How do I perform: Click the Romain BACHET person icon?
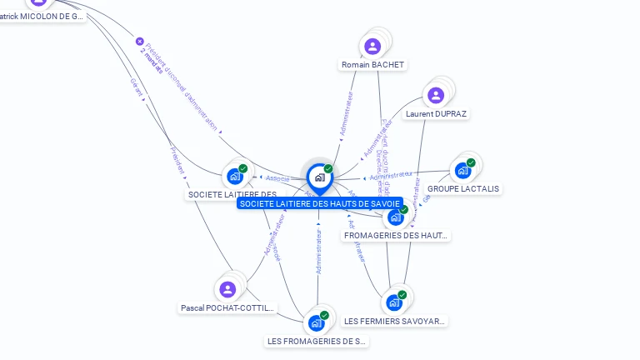(372, 46)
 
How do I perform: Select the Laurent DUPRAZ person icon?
(436, 95)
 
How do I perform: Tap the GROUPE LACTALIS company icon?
(462, 171)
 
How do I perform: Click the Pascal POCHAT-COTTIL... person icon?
(227, 289)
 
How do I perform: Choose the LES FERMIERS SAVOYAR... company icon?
(394, 302)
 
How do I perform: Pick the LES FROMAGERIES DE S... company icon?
(316, 322)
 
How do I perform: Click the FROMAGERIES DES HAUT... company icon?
(395, 217)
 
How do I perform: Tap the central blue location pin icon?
(319, 177)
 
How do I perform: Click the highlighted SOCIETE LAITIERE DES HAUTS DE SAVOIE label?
(320, 203)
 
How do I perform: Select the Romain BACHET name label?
(373, 65)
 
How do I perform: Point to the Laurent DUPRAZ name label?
(437, 113)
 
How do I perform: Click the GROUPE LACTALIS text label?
(463, 189)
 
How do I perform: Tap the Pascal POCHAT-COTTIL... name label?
(227, 307)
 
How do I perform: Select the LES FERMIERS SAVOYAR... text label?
(395, 321)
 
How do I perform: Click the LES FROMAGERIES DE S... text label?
(317, 341)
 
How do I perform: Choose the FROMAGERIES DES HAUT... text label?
(396, 236)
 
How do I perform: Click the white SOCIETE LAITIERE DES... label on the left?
(232, 194)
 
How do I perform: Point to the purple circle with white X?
(140, 41)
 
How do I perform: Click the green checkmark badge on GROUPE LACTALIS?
(471, 162)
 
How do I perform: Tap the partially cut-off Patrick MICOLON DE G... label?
(42, 16)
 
